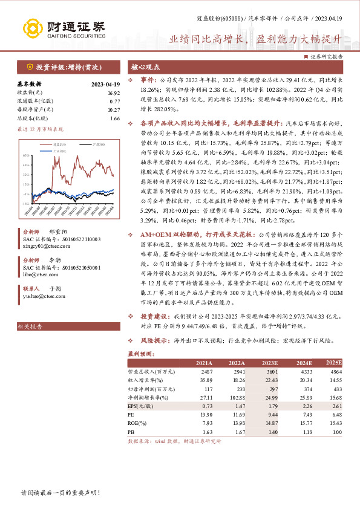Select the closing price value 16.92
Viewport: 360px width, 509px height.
[113, 92]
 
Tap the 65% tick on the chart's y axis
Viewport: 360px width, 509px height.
[26, 155]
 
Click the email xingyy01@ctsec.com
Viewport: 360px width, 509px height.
[42, 246]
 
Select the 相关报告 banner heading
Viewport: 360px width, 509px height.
[29, 326]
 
